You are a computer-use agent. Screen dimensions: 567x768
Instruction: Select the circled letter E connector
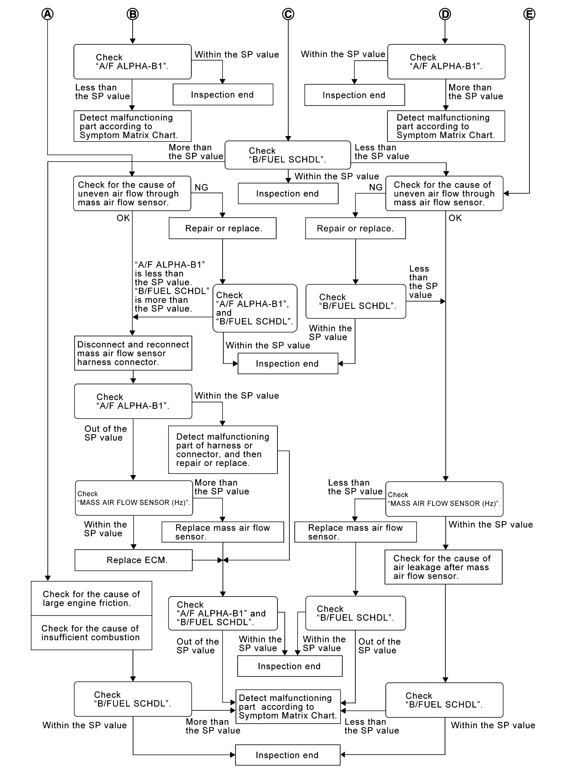point(529,14)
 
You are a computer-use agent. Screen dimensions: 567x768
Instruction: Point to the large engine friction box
point(91,598)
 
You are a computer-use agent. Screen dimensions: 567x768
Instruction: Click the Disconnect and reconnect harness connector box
point(133,353)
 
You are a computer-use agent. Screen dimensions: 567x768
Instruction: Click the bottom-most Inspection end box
point(288,755)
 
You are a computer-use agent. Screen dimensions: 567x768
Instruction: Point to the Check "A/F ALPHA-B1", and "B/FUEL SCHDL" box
point(255,308)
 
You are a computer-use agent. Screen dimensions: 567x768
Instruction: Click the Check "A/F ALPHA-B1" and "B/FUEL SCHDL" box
point(223,613)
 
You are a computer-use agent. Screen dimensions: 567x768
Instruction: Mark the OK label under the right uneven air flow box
point(455,218)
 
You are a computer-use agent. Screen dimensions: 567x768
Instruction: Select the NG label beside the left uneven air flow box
point(201,187)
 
